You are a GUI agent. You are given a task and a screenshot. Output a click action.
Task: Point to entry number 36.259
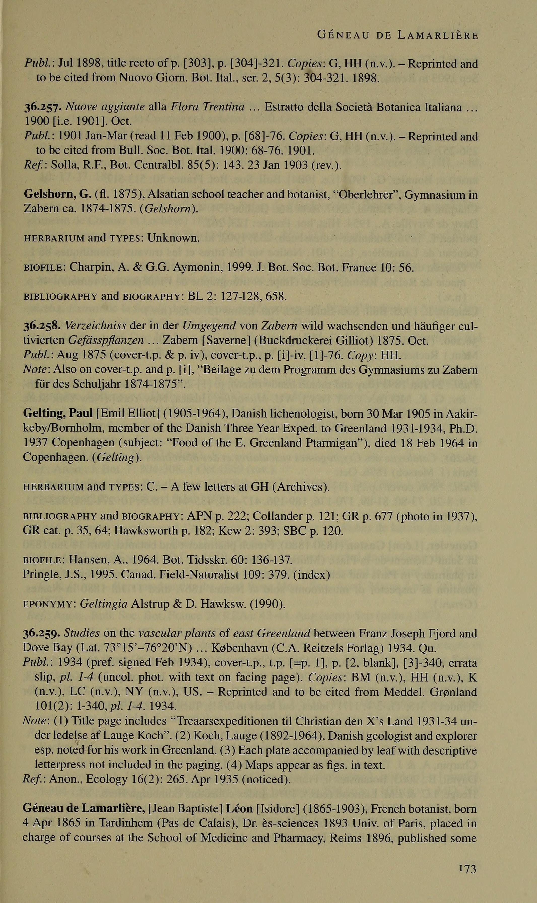point(42,633)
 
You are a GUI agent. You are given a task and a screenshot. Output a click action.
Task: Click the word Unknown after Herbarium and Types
point(173,238)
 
